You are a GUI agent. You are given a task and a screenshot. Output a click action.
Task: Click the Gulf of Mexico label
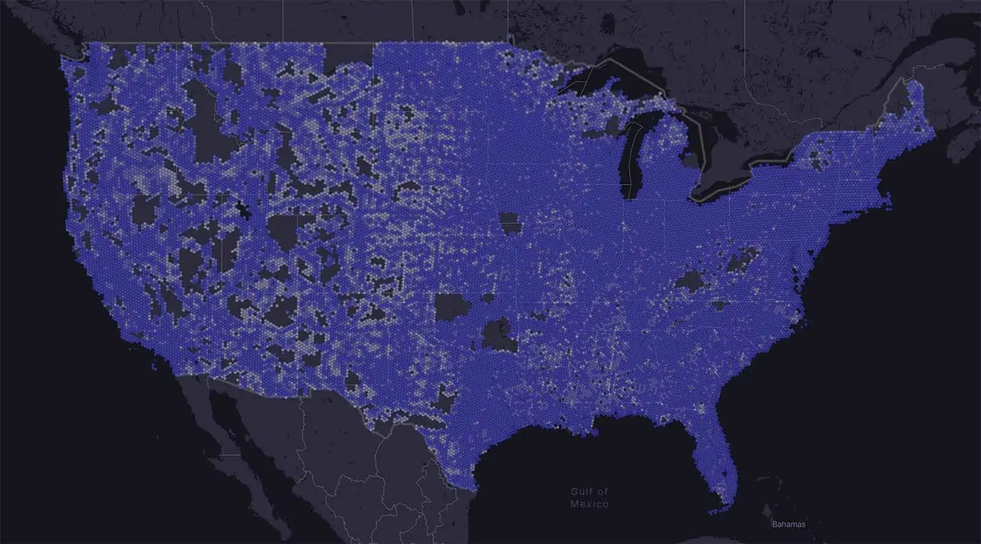[x=589, y=497]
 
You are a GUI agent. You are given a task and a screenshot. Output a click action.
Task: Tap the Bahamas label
[x=788, y=524]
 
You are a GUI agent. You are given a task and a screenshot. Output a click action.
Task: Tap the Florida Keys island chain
[x=717, y=510]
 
